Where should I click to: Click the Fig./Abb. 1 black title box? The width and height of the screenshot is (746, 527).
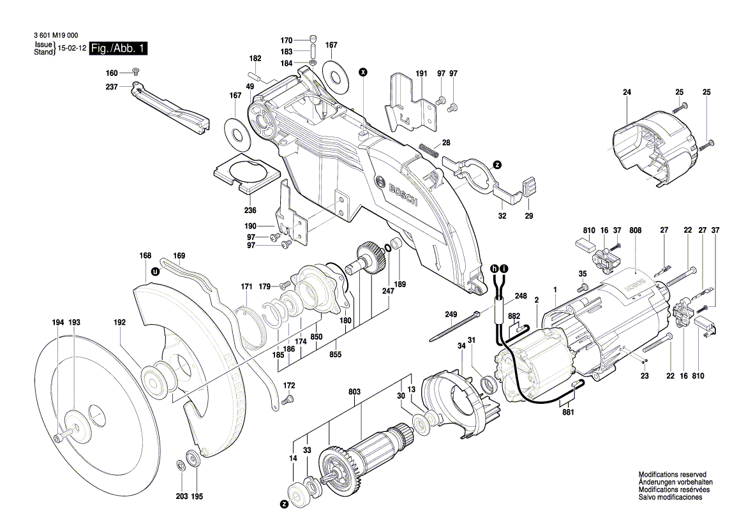pos(119,48)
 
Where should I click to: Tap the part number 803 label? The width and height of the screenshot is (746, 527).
pos(354,392)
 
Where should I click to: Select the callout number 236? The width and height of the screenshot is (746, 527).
pos(250,211)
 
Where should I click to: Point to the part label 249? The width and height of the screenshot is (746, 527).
pos(451,315)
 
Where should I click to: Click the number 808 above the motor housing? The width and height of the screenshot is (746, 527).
pos(635,230)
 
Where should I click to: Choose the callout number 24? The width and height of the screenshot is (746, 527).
pos(627,93)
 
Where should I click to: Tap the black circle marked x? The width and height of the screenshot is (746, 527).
pos(363,72)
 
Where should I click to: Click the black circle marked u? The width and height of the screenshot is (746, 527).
pos(154,272)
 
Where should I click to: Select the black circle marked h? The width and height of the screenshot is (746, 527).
pos(495,269)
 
